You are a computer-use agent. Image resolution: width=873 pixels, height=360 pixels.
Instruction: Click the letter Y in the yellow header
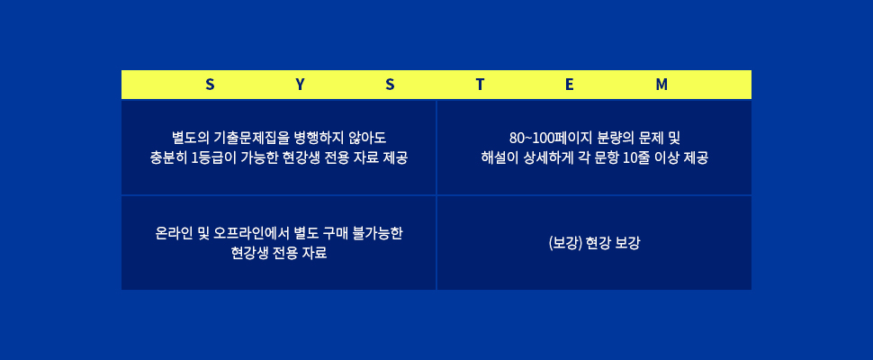(x=300, y=85)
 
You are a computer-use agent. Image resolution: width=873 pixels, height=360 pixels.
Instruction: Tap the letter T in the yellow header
(x=480, y=85)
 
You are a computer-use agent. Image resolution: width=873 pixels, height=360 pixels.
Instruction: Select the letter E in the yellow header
(x=570, y=85)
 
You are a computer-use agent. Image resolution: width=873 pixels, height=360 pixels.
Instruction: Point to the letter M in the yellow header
(x=661, y=85)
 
